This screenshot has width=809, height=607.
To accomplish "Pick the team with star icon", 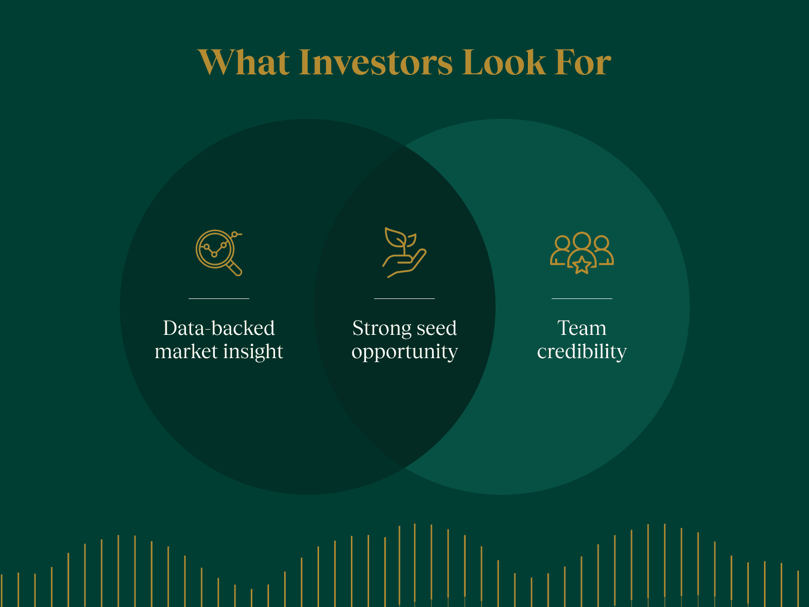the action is (x=582, y=252).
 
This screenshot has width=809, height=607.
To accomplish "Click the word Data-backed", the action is (x=219, y=328).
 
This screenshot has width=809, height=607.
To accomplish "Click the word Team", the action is (x=582, y=328).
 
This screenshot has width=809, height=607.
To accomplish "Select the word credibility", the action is (x=582, y=352).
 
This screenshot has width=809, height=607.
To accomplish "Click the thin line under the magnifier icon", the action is (x=219, y=298).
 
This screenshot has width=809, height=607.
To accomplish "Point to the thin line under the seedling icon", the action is (x=404, y=298).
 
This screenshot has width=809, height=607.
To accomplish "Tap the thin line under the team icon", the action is (x=582, y=298).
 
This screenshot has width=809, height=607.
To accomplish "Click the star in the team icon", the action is (x=582, y=265).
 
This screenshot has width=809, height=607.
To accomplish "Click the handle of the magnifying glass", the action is (x=235, y=269).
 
